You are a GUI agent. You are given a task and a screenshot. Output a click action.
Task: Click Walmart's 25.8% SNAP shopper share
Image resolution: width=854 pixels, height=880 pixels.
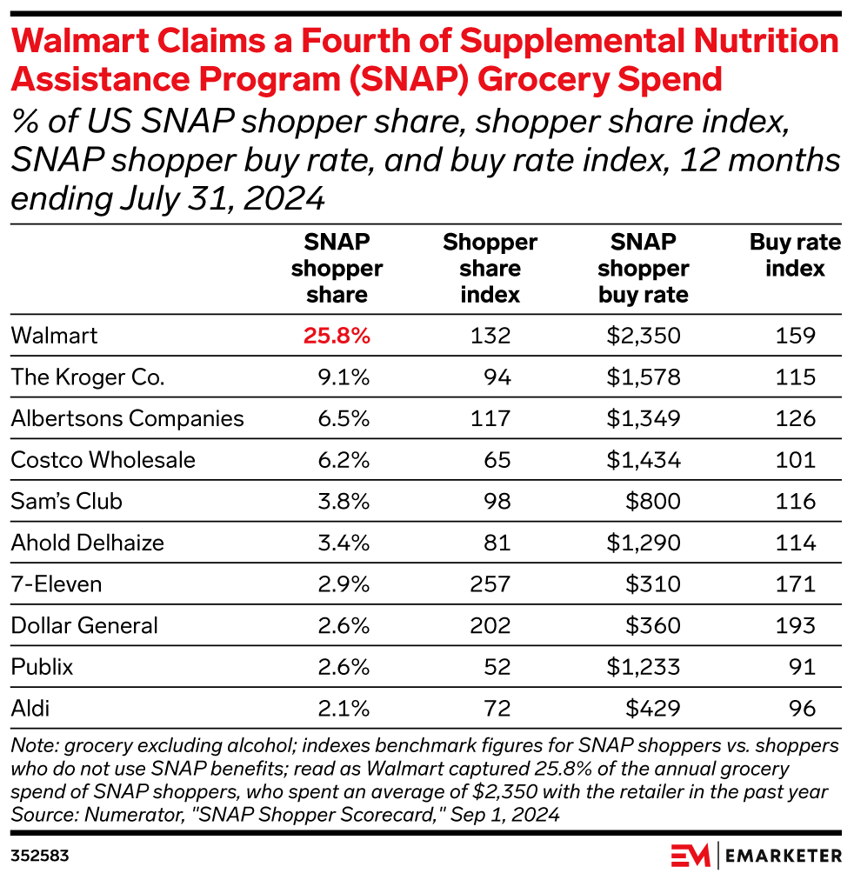(x=337, y=336)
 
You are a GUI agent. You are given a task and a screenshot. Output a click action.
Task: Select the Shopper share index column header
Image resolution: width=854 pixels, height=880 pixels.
(x=490, y=268)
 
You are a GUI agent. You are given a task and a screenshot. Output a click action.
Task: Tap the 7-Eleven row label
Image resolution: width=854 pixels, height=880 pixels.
(x=56, y=584)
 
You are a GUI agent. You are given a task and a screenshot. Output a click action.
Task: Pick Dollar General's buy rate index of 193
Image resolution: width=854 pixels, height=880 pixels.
(x=795, y=625)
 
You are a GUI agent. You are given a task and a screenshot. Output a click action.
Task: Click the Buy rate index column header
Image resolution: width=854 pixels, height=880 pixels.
(x=795, y=255)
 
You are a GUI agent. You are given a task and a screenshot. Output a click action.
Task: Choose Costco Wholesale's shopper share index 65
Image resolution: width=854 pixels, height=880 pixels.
(x=497, y=460)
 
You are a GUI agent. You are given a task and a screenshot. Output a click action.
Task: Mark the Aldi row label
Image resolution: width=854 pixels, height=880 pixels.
(x=30, y=709)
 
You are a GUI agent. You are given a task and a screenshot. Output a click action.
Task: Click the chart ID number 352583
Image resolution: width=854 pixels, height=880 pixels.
(x=40, y=856)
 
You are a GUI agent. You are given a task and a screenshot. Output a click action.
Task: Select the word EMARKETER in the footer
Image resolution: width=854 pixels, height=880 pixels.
(x=784, y=856)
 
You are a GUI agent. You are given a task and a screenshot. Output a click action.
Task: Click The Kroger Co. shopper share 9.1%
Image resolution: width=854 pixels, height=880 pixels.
(x=347, y=377)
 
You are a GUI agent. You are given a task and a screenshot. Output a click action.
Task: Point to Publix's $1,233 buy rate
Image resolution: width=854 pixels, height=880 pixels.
(x=644, y=667)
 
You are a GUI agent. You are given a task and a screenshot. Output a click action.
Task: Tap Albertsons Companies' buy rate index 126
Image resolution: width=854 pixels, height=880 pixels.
(x=795, y=418)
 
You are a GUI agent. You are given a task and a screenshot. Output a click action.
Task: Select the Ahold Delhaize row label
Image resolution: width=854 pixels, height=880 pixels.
(x=88, y=543)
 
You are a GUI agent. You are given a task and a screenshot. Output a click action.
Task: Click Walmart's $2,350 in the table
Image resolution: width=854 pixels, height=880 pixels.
(x=644, y=336)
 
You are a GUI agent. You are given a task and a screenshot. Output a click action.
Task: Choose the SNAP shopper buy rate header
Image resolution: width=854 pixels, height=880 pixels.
(x=644, y=268)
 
